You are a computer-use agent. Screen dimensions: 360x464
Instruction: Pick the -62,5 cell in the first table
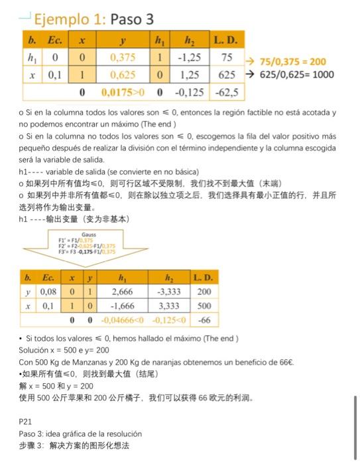point(226,91)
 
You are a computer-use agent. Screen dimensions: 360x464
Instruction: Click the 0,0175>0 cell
point(122,91)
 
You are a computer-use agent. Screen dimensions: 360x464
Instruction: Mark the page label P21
point(25,420)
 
